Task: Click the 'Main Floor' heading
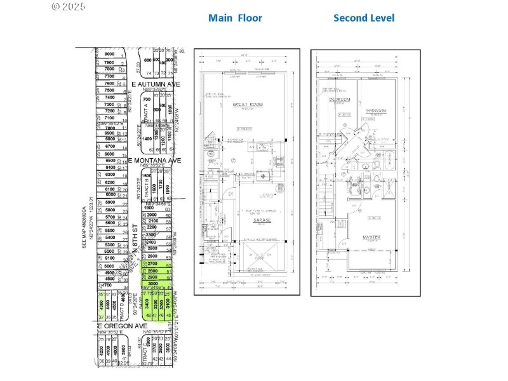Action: pyautogui.click(x=235, y=18)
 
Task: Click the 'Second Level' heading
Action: pyautogui.click(x=364, y=18)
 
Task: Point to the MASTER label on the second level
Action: pyautogui.click(x=371, y=237)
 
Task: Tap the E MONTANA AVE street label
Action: pyautogui.click(x=154, y=161)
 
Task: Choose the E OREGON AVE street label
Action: pyautogui.click(x=124, y=326)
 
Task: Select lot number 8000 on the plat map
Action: pyautogui.click(x=109, y=55)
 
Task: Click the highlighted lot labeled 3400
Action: pyautogui.click(x=148, y=307)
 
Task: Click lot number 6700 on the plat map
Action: pyautogui.click(x=110, y=146)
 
